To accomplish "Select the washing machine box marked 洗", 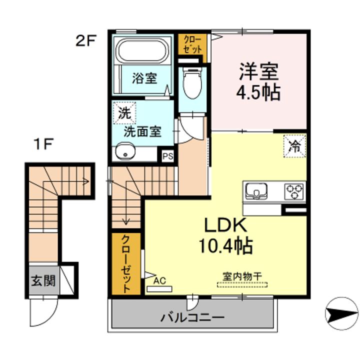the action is pos(124,113).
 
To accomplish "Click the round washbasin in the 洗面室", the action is pos(125,152).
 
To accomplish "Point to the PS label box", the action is pos(168,156).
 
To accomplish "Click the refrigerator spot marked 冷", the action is pos(295,146).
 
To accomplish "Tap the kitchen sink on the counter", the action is pos(256,191).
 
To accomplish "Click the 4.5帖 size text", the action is pos(258,93).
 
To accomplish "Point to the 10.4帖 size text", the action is pos(226,245).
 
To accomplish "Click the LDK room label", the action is pos(226,225).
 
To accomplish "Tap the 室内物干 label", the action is pos(242,276).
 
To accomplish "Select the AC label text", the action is pos(159,280).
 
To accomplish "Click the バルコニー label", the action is pos(192,318).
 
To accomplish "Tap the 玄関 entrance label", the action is pos(43,280).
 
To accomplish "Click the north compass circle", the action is pos(341,313).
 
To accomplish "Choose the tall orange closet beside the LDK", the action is pos(126,264).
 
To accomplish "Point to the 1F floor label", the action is pos(43,143).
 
